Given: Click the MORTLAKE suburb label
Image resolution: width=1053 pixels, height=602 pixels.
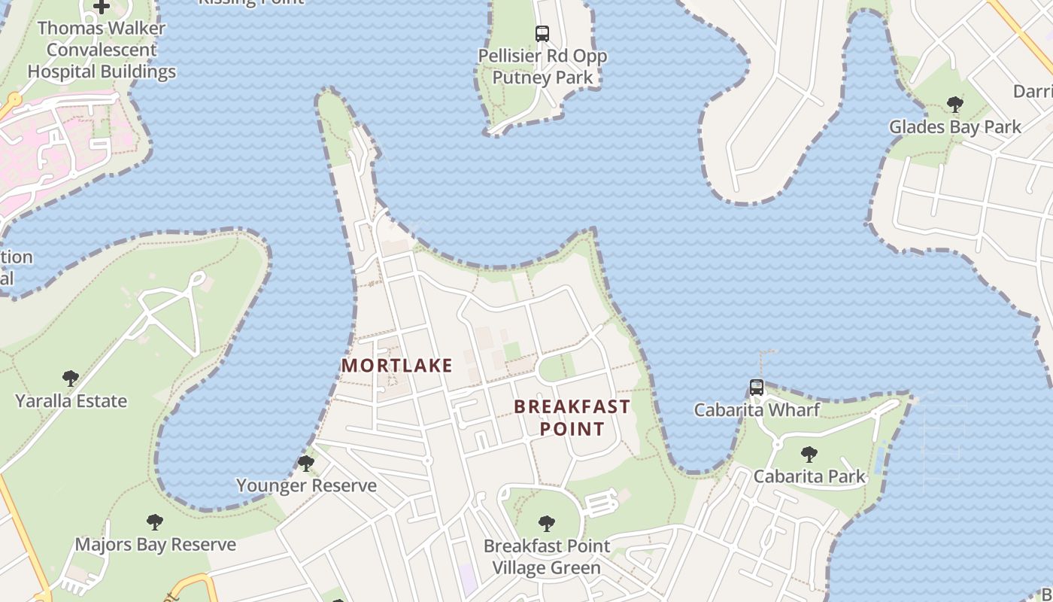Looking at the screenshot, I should (397, 366).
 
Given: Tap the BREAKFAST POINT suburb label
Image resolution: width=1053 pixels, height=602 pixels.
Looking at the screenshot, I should (572, 418).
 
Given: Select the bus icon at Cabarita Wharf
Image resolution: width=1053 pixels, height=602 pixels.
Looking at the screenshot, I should (757, 388).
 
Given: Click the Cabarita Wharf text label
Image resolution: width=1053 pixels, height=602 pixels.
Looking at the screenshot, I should (757, 410).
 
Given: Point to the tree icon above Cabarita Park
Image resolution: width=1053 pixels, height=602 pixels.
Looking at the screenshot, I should (809, 454).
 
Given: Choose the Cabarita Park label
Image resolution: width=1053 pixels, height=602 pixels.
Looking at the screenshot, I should (809, 476).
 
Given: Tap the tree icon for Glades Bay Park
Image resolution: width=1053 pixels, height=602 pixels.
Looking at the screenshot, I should (955, 104).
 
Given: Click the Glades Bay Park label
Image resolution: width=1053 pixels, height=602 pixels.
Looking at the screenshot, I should (955, 126).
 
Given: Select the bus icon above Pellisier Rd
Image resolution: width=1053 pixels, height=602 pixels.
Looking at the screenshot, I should (542, 33).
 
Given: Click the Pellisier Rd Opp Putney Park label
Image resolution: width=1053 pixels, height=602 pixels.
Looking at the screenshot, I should (542, 66).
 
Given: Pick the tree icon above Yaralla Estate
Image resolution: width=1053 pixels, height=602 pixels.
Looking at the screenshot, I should (71, 378).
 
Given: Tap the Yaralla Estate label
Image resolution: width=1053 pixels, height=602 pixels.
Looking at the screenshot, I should (71, 401).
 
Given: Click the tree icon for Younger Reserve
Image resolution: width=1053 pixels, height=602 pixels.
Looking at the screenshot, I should (306, 463).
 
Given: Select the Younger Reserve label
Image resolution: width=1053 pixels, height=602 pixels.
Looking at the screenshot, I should (306, 485).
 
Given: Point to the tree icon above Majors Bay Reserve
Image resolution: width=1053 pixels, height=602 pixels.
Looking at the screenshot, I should (155, 521).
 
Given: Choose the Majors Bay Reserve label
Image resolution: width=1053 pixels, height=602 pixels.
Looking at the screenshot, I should (155, 544).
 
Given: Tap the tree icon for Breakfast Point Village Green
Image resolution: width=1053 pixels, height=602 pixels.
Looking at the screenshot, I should (547, 523).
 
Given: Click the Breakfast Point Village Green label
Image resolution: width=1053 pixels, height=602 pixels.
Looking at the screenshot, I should (547, 557).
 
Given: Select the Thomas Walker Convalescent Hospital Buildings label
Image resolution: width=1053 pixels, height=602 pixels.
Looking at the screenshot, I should (102, 50).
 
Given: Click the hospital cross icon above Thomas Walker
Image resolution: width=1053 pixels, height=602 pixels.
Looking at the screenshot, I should (102, 7).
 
